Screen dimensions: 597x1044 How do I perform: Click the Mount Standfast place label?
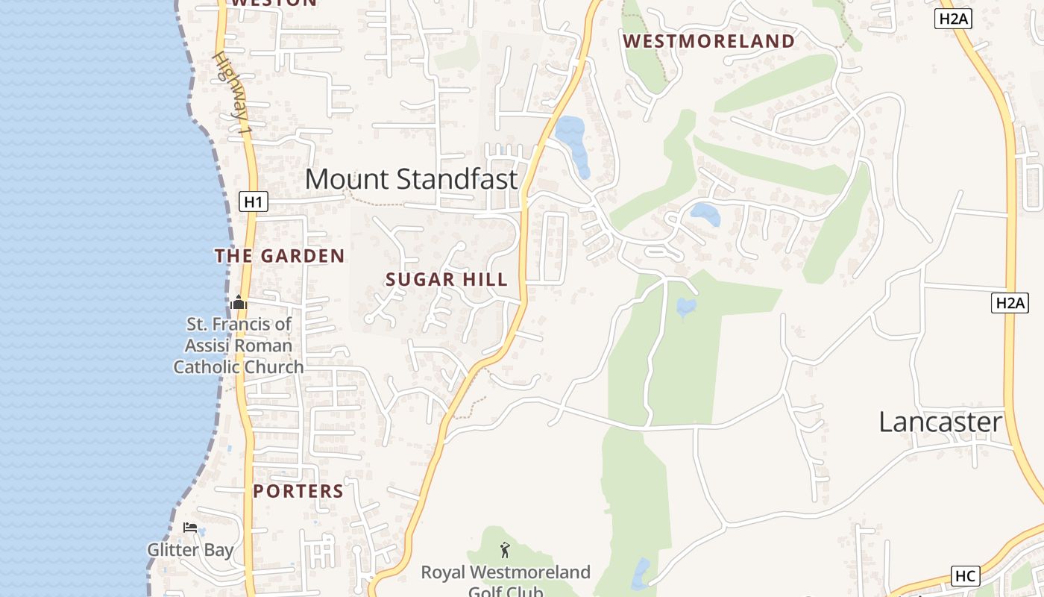411,179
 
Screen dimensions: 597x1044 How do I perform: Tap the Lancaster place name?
940,422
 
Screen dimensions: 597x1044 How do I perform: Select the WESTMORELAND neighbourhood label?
708,41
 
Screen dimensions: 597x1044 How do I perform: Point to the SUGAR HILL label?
447,280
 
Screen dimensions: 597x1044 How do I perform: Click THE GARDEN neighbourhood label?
280,256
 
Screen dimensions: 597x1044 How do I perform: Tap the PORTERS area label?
298,491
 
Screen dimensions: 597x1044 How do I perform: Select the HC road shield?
966,576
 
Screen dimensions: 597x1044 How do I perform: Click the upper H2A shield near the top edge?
952,19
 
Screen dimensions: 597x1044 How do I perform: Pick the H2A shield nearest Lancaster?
1010,302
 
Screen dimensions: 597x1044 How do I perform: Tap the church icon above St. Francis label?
239,302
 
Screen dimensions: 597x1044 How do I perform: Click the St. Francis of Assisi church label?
239,346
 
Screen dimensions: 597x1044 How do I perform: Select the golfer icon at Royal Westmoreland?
505,551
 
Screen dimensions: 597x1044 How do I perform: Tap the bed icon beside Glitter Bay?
190,528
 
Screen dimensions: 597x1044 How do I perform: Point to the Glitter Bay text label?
190,550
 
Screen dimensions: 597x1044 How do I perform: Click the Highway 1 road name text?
233,93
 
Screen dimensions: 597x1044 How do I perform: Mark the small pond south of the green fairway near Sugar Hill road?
685,306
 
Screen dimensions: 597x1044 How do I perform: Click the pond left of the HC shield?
640,573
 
